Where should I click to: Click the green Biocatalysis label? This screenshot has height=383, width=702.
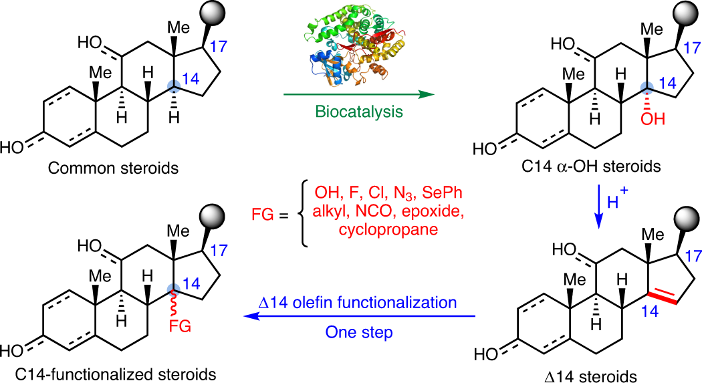pos(353,112)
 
